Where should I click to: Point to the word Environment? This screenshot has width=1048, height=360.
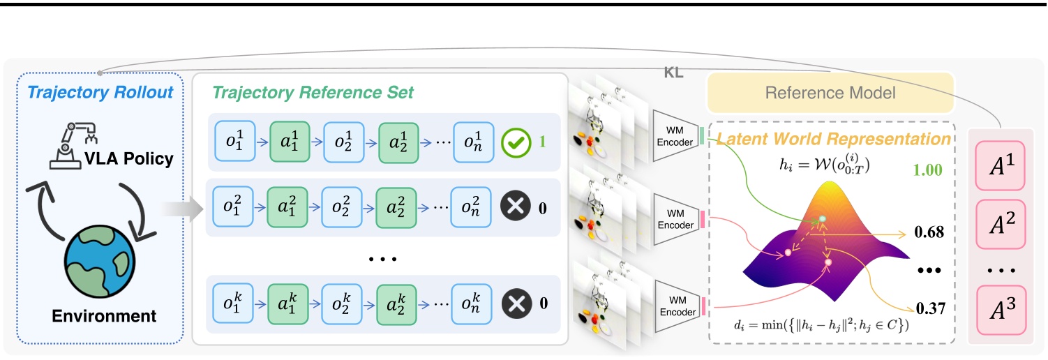(x=104, y=316)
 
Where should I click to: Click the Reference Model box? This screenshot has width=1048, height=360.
(x=830, y=92)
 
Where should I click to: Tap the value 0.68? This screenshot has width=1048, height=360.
(x=925, y=232)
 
